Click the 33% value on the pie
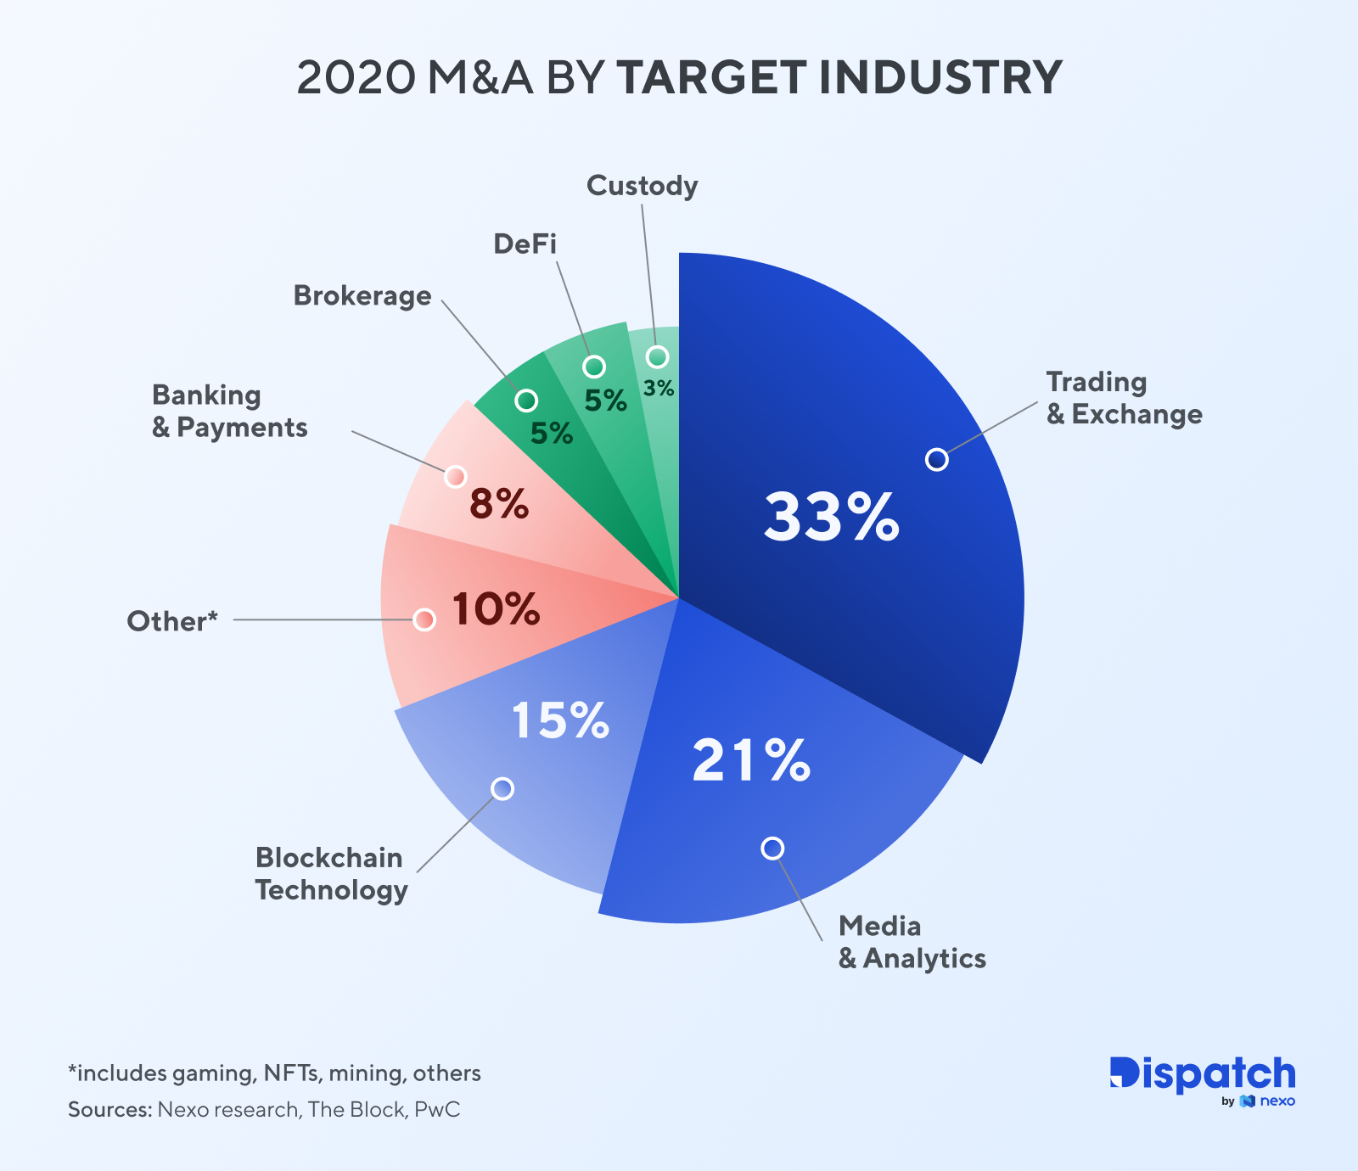click(x=831, y=518)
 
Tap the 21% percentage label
click(x=751, y=760)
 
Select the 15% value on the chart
click(x=560, y=720)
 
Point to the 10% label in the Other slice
click(x=496, y=609)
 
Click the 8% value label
click(x=499, y=505)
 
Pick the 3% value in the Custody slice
click(x=659, y=389)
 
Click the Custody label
click(x=642, y=185)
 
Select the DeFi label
click(x=525, y=244)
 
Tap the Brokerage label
click(x=362, y=295)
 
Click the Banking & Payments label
click(x=229, y=411)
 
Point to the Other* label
click(x=172, y=621)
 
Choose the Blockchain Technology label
click(x=331, y=873)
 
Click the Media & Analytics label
click(x=912, y=942)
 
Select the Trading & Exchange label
click(x=1124, y=398)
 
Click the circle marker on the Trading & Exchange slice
click(x=937, y=459)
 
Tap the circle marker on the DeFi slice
click(x=594, y=367)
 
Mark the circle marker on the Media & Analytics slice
click(x=772, y=848)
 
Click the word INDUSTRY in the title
click(x=940, y=77)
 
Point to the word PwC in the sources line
click(x=437, y=1110)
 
